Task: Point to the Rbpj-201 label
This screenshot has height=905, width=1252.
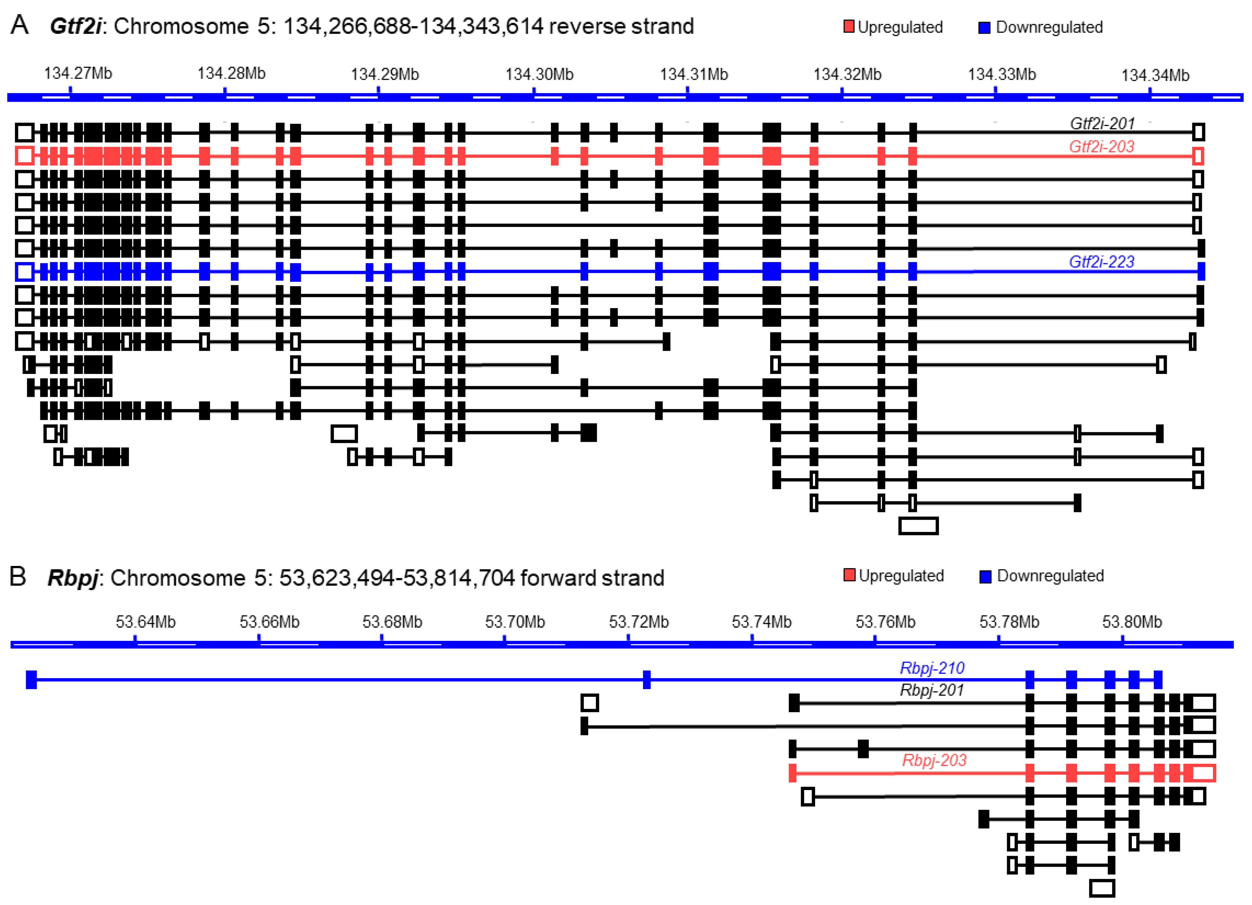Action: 932,690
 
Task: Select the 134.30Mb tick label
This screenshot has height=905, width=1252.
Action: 539,74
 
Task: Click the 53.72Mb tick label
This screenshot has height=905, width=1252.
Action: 639,622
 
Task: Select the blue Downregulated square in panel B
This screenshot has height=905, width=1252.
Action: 985,576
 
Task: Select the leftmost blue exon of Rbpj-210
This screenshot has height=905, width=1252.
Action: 31,679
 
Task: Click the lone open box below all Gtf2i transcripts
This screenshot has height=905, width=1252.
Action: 918,526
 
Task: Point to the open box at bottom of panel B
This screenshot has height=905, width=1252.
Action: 1102,888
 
